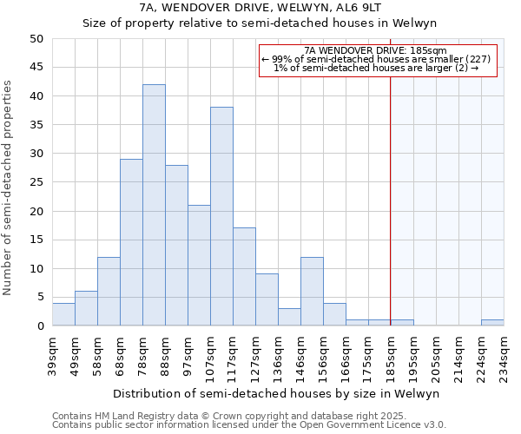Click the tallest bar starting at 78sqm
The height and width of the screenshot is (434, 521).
pyautogui.click(x=154, y=205)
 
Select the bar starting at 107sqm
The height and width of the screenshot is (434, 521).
pyautogui.click(x=221, y=216)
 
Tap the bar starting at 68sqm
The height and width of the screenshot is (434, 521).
pyautogui.click(x=131, y=242)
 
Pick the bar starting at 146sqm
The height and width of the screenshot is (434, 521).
pyautogui.click(x=312, y=291)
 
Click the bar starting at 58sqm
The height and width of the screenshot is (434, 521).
pyautogui.click(x=109, y=291)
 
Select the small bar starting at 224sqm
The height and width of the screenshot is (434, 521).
pyautogui.click(x=492, y=323)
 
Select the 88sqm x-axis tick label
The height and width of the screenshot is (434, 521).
pyautogui.click(x=165, y=354)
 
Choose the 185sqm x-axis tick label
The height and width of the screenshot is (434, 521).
pyautogui.click(x=391, y=354)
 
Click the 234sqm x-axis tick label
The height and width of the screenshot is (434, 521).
pyautogui.click(x=504, y=354)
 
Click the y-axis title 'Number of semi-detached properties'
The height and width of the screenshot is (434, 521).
pyautogui.click(x=9, y=187)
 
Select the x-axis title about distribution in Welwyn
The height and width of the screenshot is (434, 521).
pyautogui.click(x=276, y=393)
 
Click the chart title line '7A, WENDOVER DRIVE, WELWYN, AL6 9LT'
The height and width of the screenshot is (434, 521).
pyautogui.click(x=260, y=7)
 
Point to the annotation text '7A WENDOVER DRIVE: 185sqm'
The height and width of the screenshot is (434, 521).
pyautogui.click(x=376, y=50)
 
